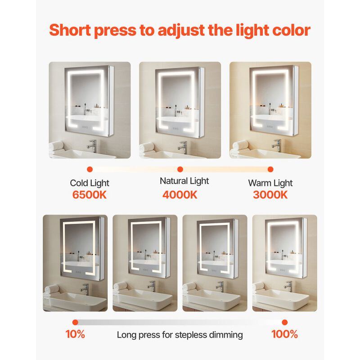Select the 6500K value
90,195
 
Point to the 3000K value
270,195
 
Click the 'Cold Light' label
90,183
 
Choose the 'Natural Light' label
184,181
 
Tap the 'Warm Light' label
270,183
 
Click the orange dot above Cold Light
90,170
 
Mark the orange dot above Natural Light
180,170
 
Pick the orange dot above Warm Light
270,170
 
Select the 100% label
284,334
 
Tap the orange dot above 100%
284,322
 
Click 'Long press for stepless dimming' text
180,335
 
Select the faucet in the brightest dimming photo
288,287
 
